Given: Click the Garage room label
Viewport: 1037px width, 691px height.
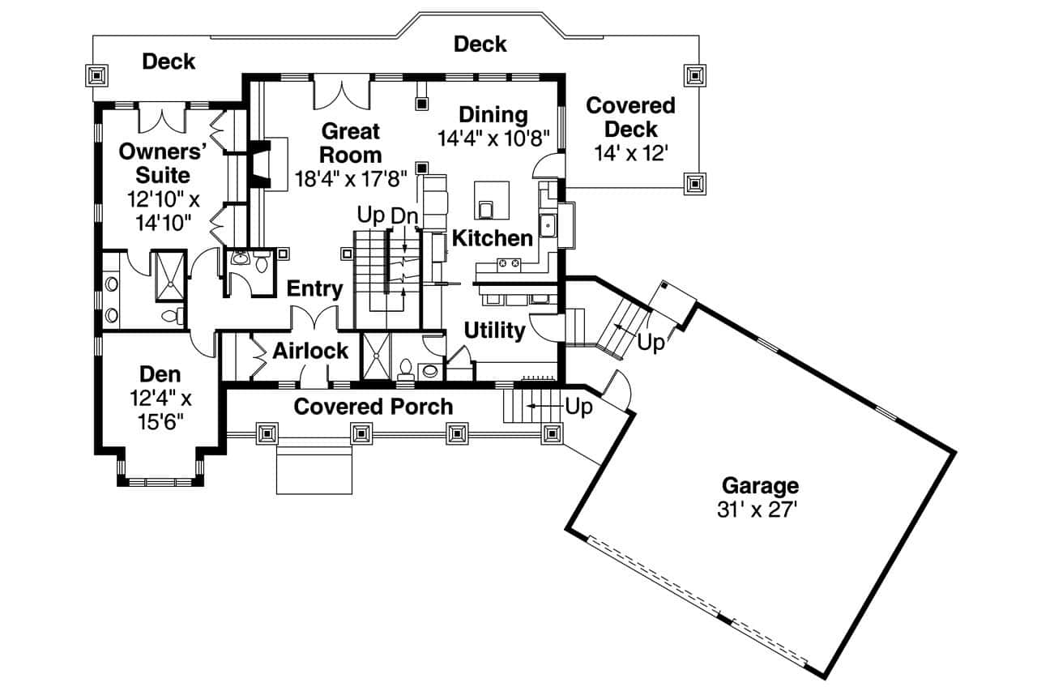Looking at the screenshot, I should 760,486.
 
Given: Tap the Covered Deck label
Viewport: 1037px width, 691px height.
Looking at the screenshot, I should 630,117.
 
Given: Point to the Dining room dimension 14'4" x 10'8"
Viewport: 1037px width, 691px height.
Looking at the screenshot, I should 494,138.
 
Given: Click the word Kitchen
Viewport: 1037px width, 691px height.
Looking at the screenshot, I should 493,238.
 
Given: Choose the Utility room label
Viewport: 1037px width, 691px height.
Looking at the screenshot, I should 494,331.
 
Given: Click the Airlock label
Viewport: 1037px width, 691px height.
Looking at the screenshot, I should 310,351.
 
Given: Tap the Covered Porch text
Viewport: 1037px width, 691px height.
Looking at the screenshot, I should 373,406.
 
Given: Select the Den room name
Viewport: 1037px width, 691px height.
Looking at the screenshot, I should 160,374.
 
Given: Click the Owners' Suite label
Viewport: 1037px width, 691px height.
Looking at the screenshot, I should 154,163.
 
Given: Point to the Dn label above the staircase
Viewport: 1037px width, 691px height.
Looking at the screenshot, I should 404,216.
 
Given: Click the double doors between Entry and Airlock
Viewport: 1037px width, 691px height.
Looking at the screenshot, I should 314,318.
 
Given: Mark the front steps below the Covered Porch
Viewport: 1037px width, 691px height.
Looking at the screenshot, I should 314,469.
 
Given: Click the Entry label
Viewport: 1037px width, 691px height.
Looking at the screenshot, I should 314,289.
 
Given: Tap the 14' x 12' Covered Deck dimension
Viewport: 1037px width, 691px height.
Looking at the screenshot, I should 630,152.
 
